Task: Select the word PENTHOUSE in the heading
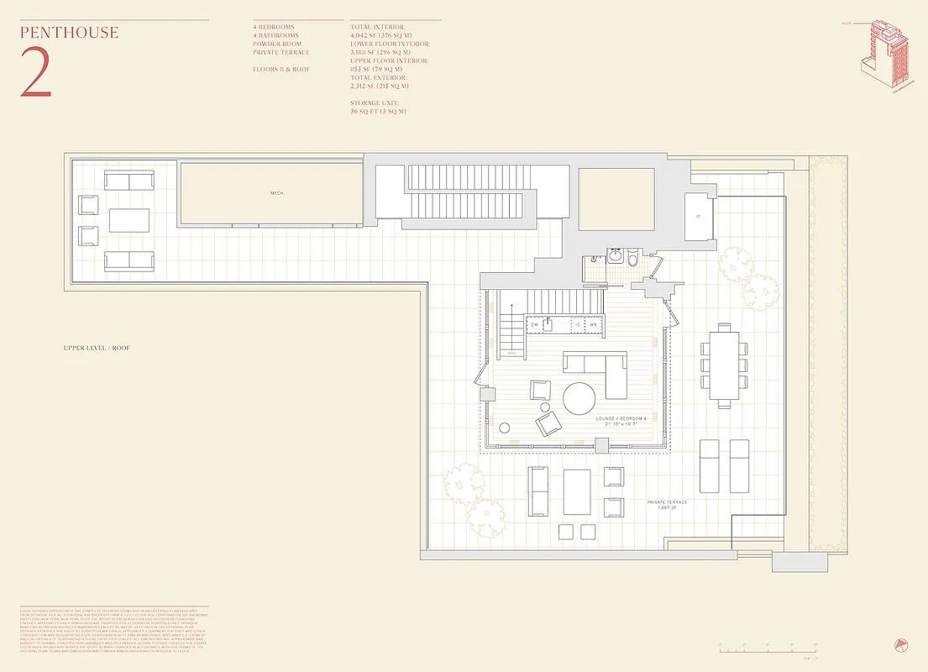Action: point(70,34)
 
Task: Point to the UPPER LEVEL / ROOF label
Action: point(97,348)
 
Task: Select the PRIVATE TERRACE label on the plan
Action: point(667,502)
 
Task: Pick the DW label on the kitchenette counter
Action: point(533,323)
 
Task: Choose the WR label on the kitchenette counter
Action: point(592,323)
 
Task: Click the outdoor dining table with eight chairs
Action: point(722,365)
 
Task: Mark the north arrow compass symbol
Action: point(900,645)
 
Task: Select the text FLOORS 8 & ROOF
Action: point(281,69)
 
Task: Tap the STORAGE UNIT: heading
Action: point(377,102)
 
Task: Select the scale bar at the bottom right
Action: point(768,646)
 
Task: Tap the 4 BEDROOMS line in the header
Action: point(274,27)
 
